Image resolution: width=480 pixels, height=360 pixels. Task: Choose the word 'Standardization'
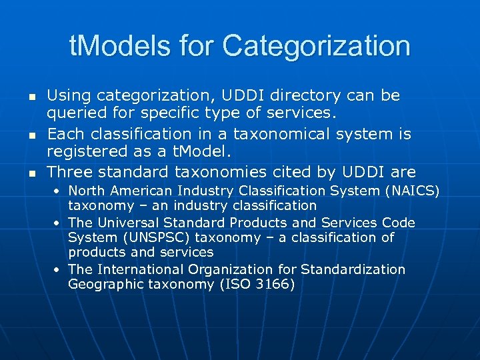tap(353, 269)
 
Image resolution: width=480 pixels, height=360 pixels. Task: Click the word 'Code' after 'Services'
tap(399, 223)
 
